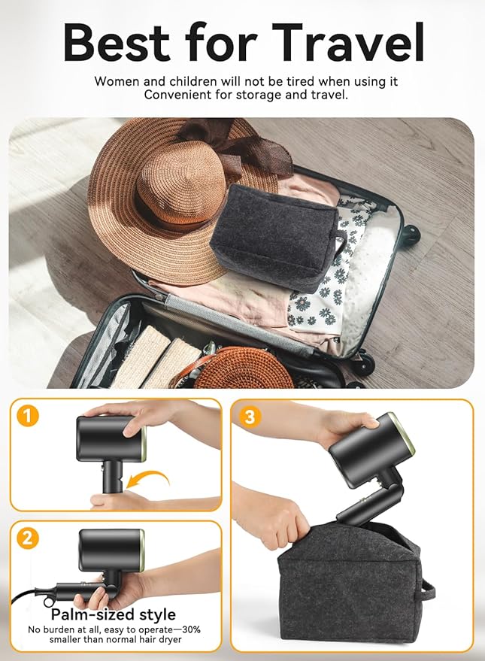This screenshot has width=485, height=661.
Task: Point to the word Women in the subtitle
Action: (115, 80)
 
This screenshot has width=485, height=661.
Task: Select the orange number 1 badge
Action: (28, 416)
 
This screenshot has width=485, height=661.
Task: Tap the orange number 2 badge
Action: (28, 538)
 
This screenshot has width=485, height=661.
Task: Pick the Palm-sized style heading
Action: (114, 614)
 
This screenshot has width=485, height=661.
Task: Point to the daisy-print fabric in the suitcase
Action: (323, 286)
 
